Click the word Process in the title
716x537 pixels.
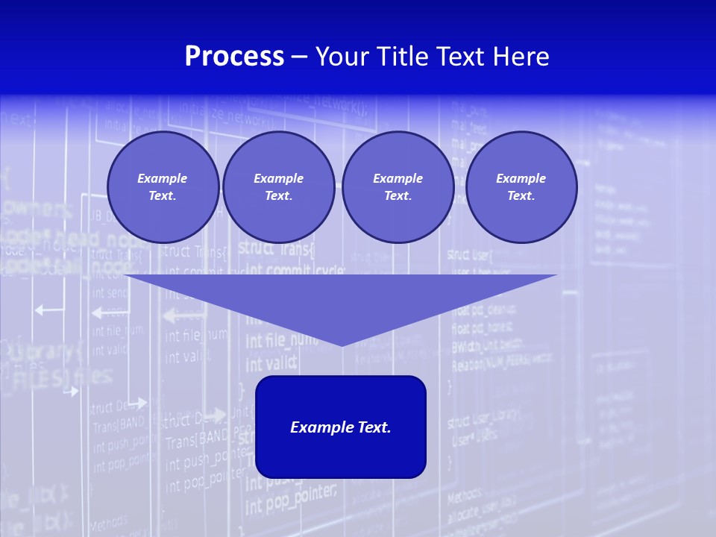point(234,57)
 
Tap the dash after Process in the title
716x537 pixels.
point(299,57)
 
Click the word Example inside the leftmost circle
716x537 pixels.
point(163,178)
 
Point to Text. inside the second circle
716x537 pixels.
point(278,196)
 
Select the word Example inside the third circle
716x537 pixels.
point(398,178)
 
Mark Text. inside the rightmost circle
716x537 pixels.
point(521,196)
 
